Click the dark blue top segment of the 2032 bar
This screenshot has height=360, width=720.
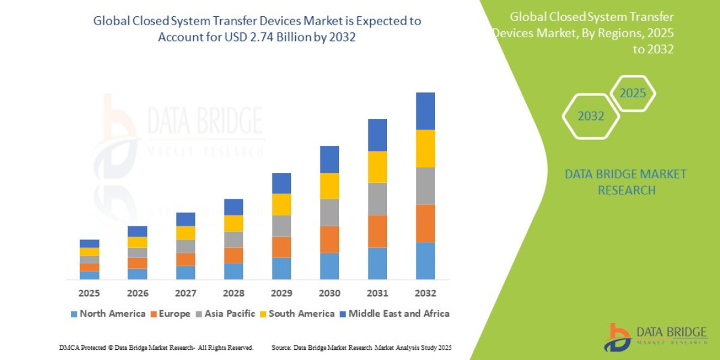[425, 111]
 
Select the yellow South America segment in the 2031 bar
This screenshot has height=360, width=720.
[377, 167]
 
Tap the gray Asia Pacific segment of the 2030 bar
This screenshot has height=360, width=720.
[329, 212]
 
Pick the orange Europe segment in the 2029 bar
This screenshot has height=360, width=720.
[281, 247]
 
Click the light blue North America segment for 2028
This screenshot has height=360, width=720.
[233, 271]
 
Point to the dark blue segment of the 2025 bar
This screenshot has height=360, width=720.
[89, 243]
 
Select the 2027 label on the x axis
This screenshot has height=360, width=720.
[185, 293]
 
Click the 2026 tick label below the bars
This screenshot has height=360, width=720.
[137, 293]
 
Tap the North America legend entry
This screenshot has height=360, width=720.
[107, 313]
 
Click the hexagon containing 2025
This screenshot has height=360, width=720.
[632, 94]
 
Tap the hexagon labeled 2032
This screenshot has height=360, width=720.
[590, 116]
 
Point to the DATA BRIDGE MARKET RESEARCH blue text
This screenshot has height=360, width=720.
[626, 182]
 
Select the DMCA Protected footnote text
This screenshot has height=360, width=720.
[156, 348]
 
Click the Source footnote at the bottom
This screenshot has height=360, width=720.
[361, 348]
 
